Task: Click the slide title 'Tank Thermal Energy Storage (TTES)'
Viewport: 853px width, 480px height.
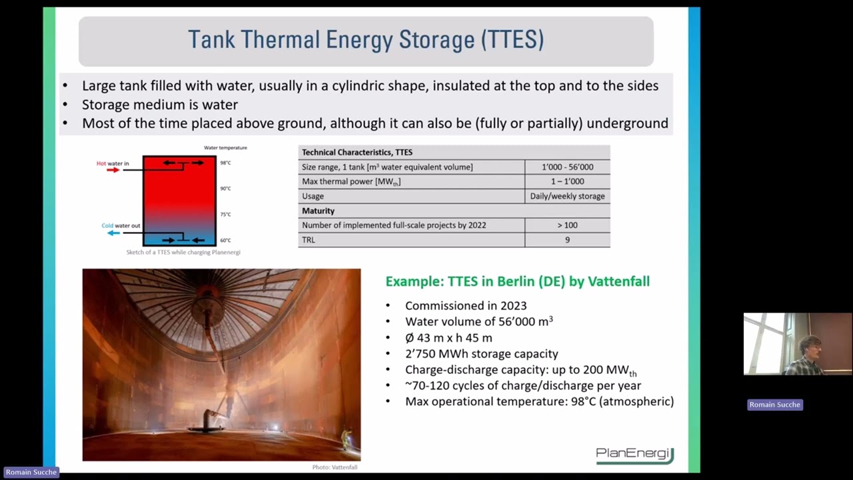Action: [x=365, y=40]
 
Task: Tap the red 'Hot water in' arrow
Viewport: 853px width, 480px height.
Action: [x=113, y=170]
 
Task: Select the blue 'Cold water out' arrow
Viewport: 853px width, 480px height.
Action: [x=113, y=233]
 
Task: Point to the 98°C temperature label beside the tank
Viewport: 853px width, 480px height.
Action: [x=226, y=163]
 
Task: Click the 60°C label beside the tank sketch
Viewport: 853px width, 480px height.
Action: [x=226, y=240]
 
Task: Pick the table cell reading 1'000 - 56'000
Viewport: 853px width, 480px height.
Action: [x=567, y=167]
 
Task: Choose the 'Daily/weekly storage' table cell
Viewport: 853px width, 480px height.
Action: [x=567, y=196]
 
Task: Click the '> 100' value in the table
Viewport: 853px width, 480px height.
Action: [x=567, y=225]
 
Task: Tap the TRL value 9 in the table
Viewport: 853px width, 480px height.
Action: [x=567, y=240]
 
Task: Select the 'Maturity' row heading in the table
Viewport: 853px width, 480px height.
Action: [x=319, y=211]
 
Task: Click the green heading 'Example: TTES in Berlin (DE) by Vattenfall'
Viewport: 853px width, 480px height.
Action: [x=517, y=281]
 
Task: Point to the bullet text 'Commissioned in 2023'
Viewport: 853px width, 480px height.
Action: [x=466, y=306]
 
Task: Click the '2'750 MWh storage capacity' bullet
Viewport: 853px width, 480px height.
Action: [x=481, y=354]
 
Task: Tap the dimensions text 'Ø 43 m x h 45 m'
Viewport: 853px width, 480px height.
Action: [x=448, y=338]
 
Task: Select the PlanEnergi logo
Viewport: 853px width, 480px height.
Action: [x=634, y=454]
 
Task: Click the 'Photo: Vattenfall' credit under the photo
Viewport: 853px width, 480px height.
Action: [x=335, y=467]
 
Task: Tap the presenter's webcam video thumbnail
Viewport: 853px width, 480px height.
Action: [x=797, y=344]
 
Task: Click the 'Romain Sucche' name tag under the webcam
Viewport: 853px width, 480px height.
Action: [x=774, y=405]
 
